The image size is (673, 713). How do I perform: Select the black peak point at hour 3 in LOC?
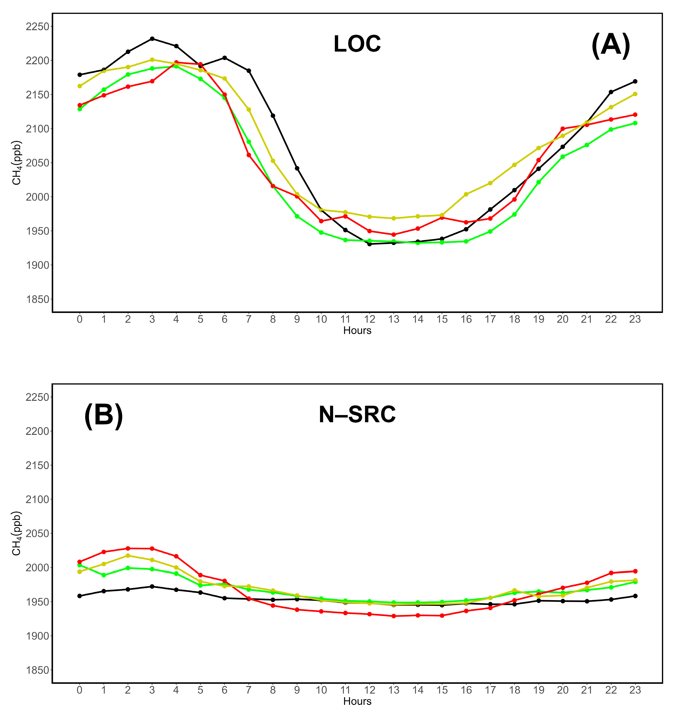[x=152, y=38]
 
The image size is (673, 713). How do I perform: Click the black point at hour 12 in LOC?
[x=369, y=244]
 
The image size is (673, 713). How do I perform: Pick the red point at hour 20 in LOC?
[x=562, y=129]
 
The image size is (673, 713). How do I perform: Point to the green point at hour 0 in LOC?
[x=80, y=109]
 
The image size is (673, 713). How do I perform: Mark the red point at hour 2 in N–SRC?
[x=128, y=548]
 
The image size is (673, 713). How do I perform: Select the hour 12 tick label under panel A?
[x=369, y=319]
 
